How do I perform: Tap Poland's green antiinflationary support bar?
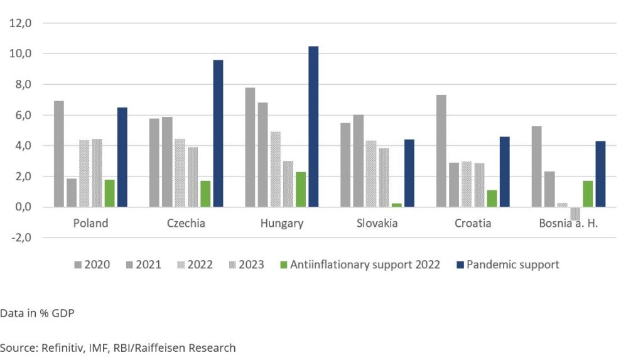pos(110,194)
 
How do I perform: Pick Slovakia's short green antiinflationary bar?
pos(396,205)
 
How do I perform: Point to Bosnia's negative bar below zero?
pos(575,214)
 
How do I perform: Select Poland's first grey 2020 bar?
pos(59,154)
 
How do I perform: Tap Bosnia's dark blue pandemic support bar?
pos(600,174)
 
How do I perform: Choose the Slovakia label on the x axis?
pos(377,224)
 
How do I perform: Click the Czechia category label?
pos(186,224)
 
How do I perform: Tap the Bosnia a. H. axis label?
pos(569,224)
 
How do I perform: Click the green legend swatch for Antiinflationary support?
pos(283,265)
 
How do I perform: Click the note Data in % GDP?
pos(37,312)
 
